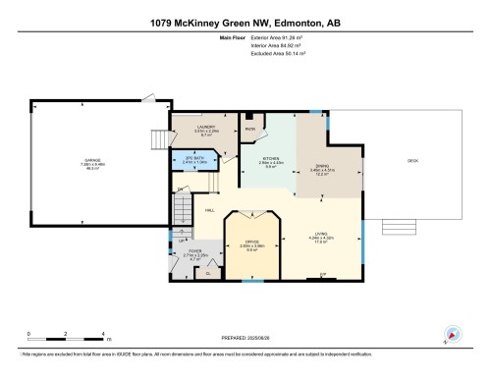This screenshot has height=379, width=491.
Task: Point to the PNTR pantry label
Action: click(250, 129)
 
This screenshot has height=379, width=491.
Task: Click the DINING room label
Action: click(323, 171)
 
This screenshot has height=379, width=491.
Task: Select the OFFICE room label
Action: click(251, 246)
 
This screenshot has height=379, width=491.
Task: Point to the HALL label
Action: click(210, 210)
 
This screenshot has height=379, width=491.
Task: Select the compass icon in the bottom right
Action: click(453, 333)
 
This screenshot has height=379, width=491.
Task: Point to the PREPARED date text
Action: click(245, 340)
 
